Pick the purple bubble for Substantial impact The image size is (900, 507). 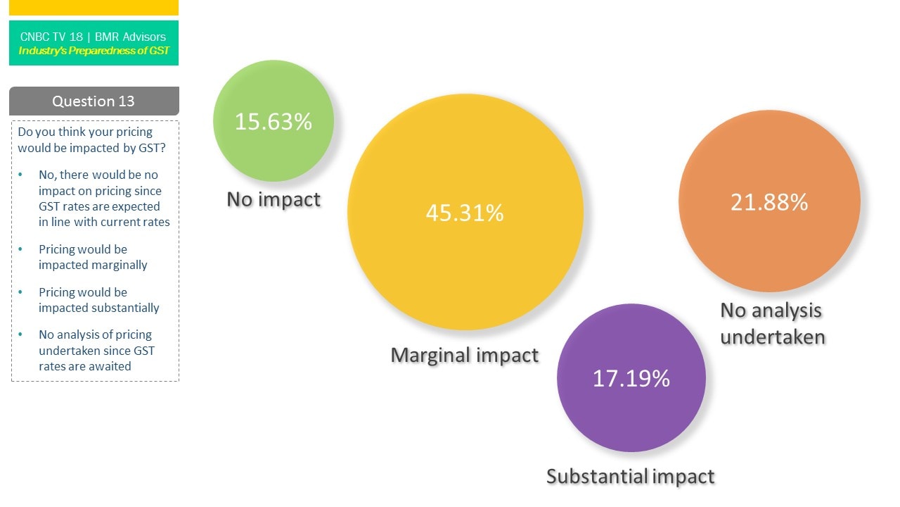[x=631, y=415]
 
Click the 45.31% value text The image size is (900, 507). [x=465, y=213]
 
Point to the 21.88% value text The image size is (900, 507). [x=769, y=202]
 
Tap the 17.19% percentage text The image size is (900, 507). [x=631, y=378]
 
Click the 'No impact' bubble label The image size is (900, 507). [x=274, y=199]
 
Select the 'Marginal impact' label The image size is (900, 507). [x=465, y=355]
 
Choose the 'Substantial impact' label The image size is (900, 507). [x=631, y=477]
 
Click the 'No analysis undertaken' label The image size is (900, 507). [x=772, y=323]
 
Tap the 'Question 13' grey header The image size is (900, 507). [x=94, y=101]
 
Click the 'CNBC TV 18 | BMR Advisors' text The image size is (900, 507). [x=94, y=37]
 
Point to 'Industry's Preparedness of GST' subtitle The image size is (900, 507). [x=94, y=51]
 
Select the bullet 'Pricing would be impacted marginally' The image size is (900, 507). [x=93, y=257]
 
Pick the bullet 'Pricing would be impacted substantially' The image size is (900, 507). [x=98, y=300]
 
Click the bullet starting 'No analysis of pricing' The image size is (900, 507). [x=96, y=350]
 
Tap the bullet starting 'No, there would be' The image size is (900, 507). [x=104, y=198]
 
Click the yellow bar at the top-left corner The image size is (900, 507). [x=94, y=7]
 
